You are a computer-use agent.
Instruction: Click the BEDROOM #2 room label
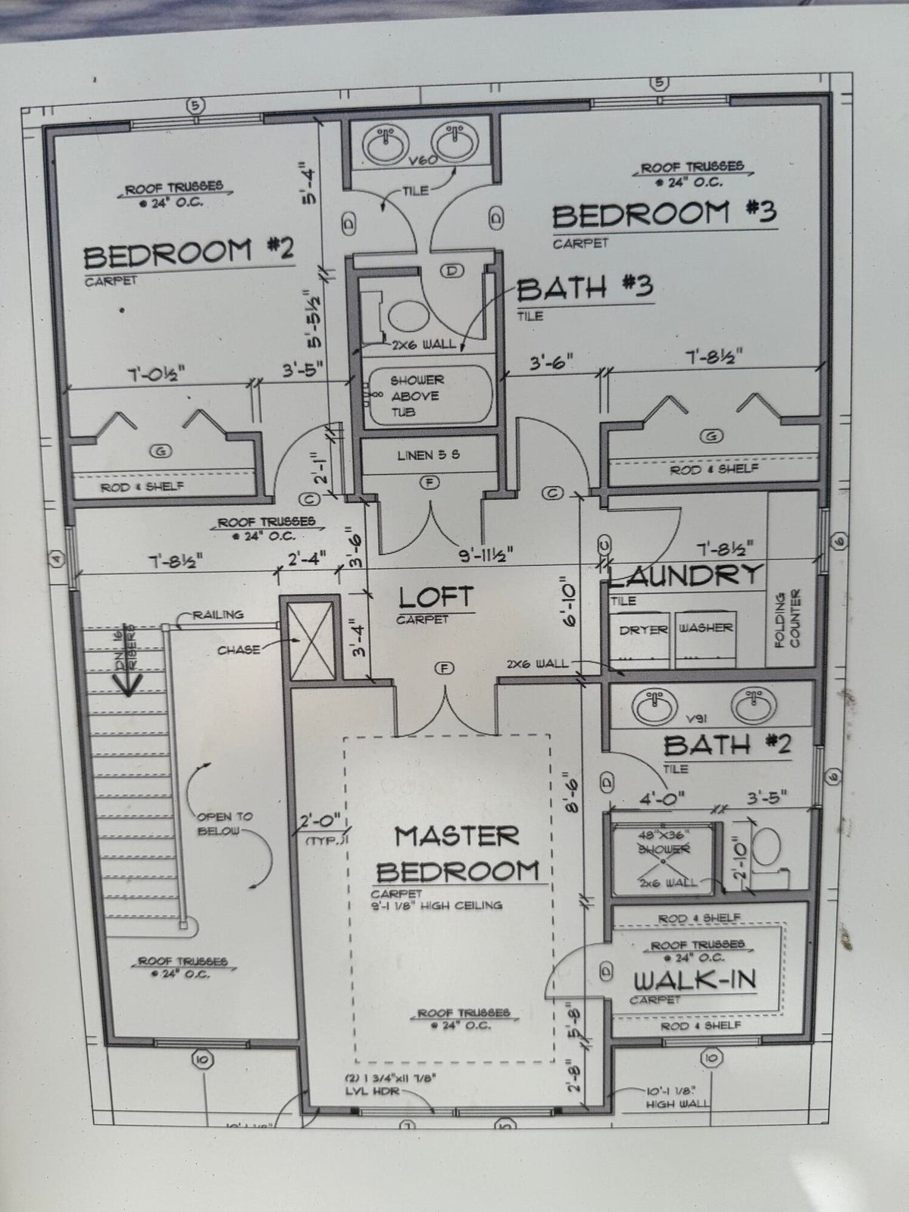pos(188,253)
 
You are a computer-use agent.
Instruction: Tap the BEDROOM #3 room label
pos(664,214)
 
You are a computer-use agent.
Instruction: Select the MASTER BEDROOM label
pos(457,854)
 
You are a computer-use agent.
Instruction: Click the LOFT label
pos(436,598)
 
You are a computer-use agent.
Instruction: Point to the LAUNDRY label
pos(686,575)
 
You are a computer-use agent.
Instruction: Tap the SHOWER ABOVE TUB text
pos(417,395)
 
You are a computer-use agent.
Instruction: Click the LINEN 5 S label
pos(428,455)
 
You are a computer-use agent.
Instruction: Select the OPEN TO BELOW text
pos(224,823)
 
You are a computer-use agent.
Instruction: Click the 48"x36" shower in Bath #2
pos(662,856)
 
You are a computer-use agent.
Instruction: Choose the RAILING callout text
pos(217,614)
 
